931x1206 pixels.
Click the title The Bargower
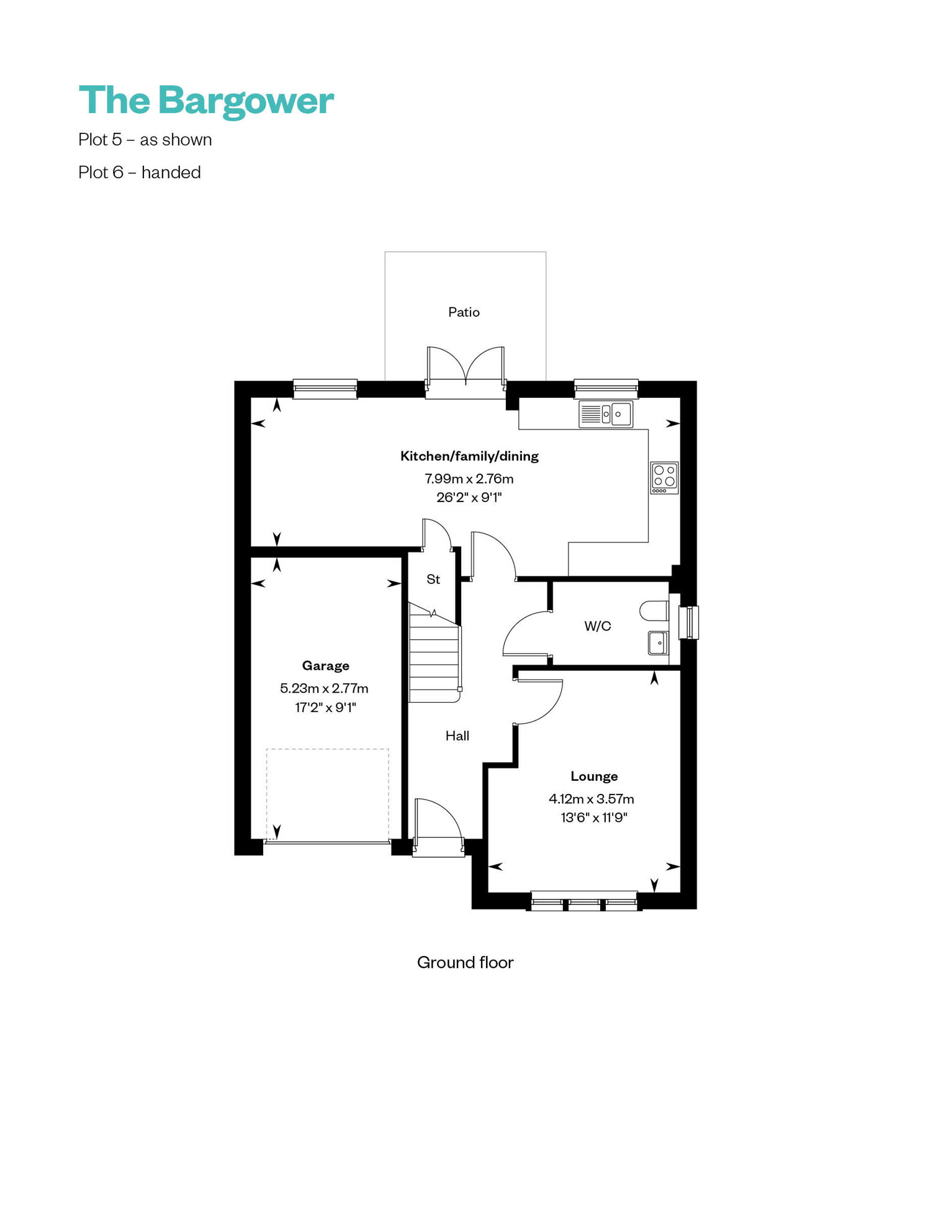pos(206,101)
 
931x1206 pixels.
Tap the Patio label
pos(464,312)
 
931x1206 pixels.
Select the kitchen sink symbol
pos(606,414)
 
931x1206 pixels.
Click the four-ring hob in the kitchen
pos(664,478)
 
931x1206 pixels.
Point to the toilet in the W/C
pos(654,611)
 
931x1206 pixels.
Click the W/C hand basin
pos(658,643)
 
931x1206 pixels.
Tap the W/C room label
pos(598,626)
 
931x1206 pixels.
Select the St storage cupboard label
pos(433,579)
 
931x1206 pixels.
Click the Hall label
pos(457,736)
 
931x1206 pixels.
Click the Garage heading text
pos(326,666)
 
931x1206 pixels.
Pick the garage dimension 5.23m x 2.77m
pos(324,688)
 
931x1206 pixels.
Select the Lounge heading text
pos(594,776)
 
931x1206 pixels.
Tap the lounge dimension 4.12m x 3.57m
pos(591,799)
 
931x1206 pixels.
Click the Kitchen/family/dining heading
pos(469,456)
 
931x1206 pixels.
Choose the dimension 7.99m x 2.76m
pos(469,479)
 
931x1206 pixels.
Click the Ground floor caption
pos(465,962)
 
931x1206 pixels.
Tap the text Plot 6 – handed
pos(140,172)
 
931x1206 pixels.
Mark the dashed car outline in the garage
pos(328,794)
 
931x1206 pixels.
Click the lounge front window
pos(584,901)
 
